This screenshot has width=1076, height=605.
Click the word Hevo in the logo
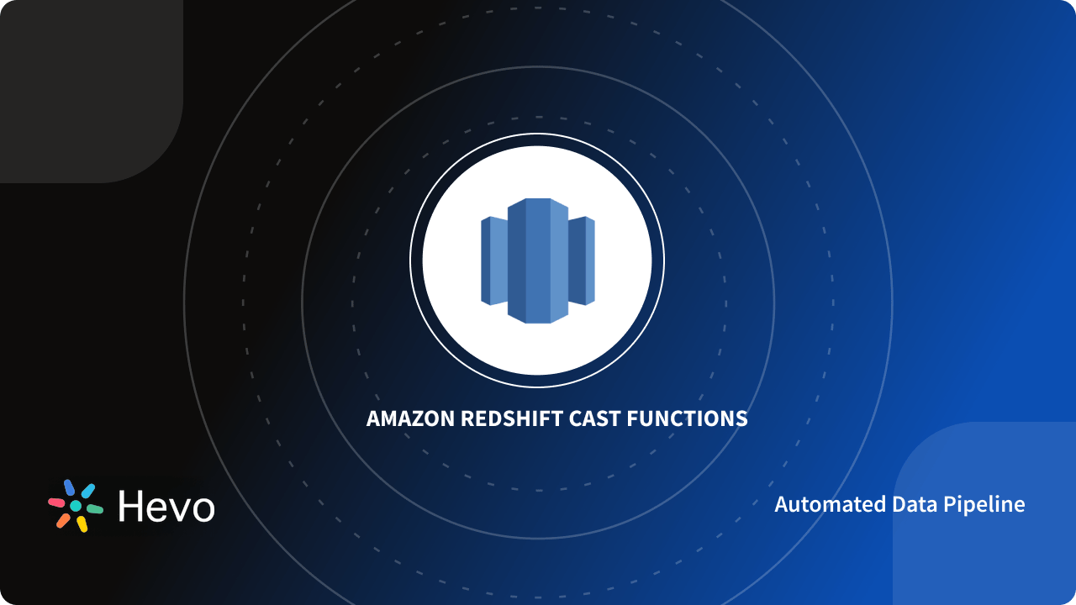(x=166, y=507)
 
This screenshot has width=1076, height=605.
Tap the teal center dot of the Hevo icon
(x=76, y=506)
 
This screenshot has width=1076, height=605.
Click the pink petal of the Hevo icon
(x=56, y=502)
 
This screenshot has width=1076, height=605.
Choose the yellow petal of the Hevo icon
(x=82, y=524)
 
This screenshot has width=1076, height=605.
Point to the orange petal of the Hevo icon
(x=63, y=520)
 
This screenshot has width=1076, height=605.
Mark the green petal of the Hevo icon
(x=95, y=509)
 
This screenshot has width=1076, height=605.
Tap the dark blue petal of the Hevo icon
(x=69, y=487)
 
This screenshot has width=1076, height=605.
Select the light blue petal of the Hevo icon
(x=87, y=491)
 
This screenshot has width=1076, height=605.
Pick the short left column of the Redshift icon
(x=494, y=260)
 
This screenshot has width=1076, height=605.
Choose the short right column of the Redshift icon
(x=582, y=260)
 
